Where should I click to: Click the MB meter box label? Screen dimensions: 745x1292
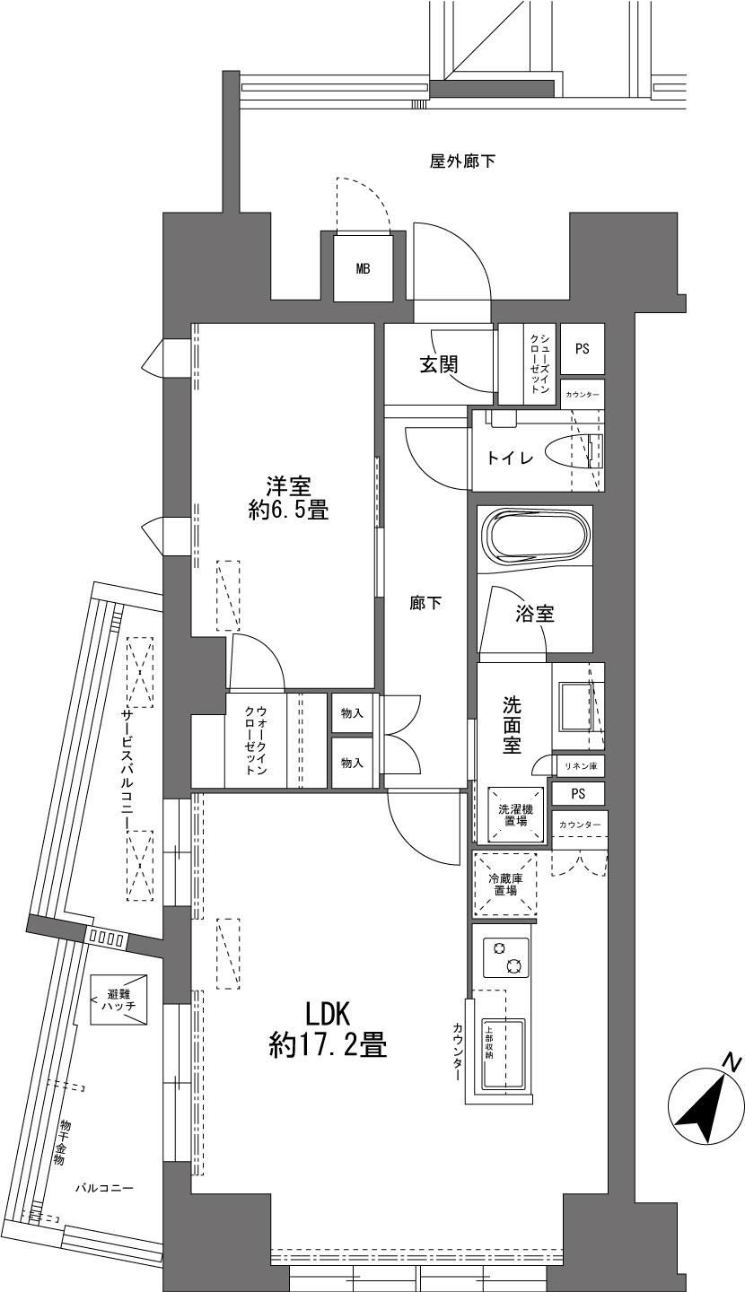click(363, 268)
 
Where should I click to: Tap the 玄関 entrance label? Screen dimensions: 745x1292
click(439, 364)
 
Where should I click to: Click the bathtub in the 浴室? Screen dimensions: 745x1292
click(535, 538)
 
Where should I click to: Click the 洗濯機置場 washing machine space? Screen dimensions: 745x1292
click(516, 815)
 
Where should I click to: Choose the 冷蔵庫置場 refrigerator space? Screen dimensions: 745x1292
click(505, 885)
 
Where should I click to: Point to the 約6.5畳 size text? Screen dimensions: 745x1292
click(288, 510)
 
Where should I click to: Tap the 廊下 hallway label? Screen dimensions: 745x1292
click(425, 603)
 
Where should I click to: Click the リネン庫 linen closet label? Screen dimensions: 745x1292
click(581, 766)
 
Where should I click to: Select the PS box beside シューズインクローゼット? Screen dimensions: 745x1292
click(583, 348)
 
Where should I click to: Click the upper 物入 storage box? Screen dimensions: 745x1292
click(352, 713)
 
